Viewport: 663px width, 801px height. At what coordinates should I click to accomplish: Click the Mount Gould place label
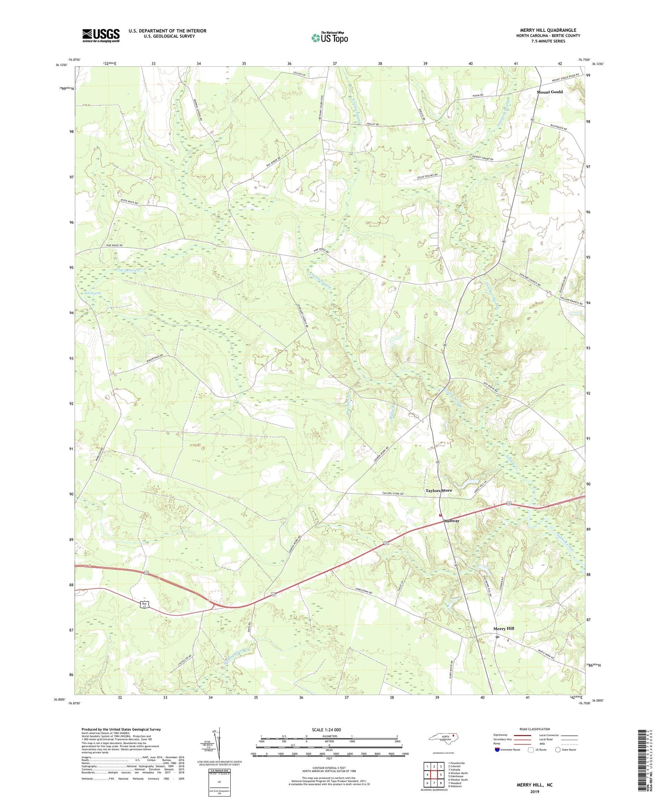[x=549, y=92]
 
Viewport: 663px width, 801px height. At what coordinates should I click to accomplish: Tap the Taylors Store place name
[x=438, y=490]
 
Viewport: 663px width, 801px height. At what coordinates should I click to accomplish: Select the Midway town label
[x=452, y=521]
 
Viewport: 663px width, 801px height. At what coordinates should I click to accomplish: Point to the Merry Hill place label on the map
[x=503, y=628]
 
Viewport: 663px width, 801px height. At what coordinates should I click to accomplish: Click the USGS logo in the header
[x=101, y=35]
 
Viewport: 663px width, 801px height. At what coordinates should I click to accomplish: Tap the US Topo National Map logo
[x=329, y=38]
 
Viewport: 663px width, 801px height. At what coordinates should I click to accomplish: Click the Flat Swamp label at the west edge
[x=92, y=293]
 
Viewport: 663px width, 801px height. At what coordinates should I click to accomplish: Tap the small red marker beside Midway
[x=440, y=515]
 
